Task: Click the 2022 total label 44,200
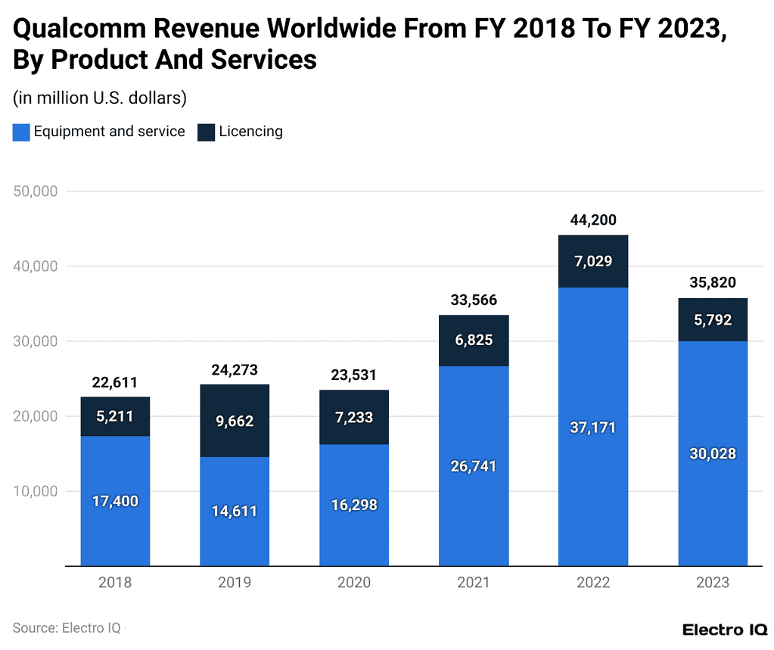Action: tap(593, 220)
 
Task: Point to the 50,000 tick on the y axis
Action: tap(36, 191)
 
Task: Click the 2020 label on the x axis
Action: tap(354, 583)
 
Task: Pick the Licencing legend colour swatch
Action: tap(206, 132)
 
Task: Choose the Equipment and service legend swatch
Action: tap(21, 132)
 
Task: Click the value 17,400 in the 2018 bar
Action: tap(115, 501)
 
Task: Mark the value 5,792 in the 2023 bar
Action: tap(713, 320)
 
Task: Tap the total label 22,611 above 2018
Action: tap(115, 382)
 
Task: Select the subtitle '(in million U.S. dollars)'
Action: tap(99, 98)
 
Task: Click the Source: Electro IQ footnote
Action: tap(66, 627)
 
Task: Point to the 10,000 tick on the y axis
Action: tap(36, 491)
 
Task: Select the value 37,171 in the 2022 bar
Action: tap(593, 428)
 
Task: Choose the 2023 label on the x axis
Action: tap(713, 583)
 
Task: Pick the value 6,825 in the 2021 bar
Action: tap(474, 341)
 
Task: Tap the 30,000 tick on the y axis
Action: tap(36, 341)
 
